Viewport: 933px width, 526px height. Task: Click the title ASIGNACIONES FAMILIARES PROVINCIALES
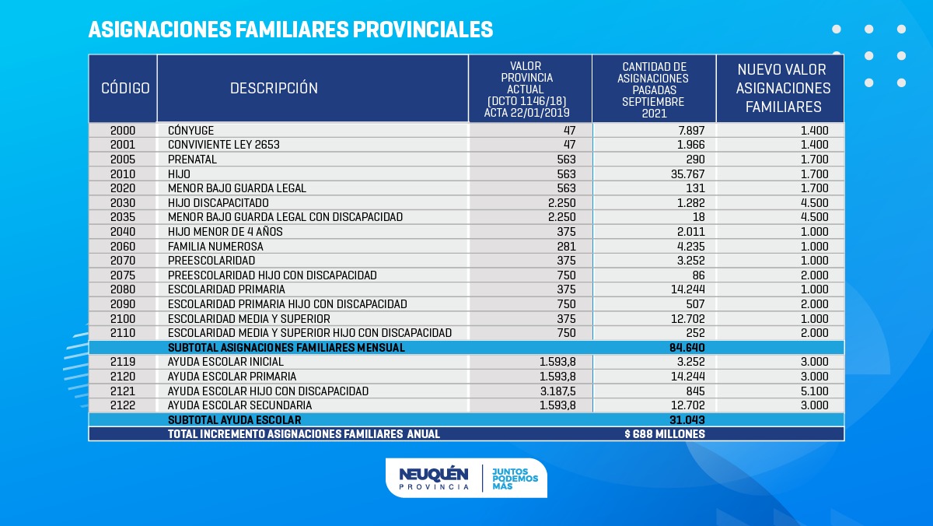[x=290, y=30]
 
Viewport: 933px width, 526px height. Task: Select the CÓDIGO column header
[x=125, y=88]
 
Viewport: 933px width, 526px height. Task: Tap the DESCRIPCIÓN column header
[x=274, y=88]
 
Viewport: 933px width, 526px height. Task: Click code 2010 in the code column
[x=123, y=174]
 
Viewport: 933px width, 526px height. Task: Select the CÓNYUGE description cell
[x=191, y=130]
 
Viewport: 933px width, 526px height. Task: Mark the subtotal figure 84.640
[x=687, y=348]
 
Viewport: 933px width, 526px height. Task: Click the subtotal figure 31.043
[x=687, y=420]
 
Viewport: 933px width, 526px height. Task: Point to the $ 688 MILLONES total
[x=664, y=434]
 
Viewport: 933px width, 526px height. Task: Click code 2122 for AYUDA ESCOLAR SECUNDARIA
[x=123, y=405]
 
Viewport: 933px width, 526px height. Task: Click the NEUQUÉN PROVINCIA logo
[x=434, y=478]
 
